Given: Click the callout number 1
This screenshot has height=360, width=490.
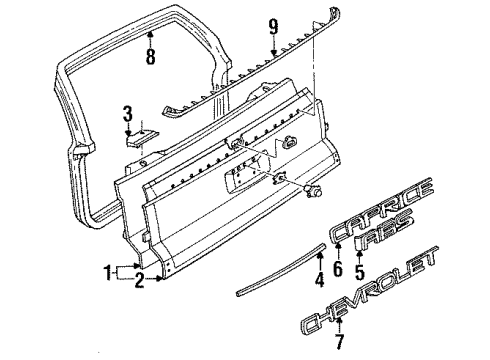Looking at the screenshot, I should click(x=108, y=271).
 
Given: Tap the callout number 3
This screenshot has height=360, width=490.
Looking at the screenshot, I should click(x=128, y=111).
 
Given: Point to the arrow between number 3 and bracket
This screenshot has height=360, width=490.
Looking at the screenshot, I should click(x=128, y=125).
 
